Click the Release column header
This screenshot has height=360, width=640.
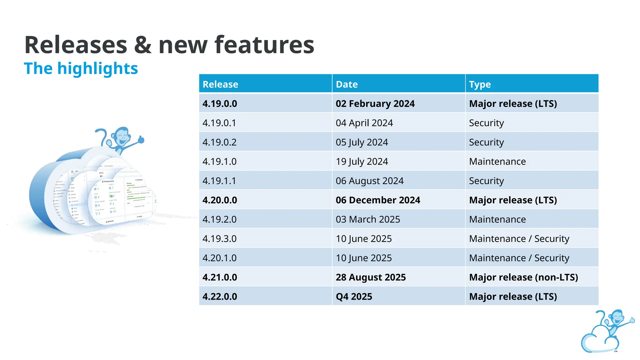(x=220, y=84)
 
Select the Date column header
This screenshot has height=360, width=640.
(x=347, y=84)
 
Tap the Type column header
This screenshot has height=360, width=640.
(x=480, y=84)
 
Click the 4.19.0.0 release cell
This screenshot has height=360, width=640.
(x=220, y=104)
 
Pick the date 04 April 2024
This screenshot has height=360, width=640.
(x=364, y=123)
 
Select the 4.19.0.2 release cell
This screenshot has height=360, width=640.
(x=219, y=142)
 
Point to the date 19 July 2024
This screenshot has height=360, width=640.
(x=362, y=162)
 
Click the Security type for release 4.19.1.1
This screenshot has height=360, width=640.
(x=486, y=181)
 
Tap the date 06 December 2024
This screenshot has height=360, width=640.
(x=378, y=200)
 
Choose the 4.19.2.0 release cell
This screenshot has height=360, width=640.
(x=219, y=219)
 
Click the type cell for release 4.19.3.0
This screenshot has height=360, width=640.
(x=519, y=239)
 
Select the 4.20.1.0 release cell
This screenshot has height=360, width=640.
(x=219, y=258)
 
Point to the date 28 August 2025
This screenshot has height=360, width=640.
(x=371, y=277)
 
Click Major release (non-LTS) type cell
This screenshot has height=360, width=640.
(x=523, y=277)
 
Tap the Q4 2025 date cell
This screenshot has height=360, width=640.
(x=354, y=297)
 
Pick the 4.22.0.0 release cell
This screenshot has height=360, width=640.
(x=220, y=297)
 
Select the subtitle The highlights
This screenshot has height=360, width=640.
(x=81, y=68)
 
